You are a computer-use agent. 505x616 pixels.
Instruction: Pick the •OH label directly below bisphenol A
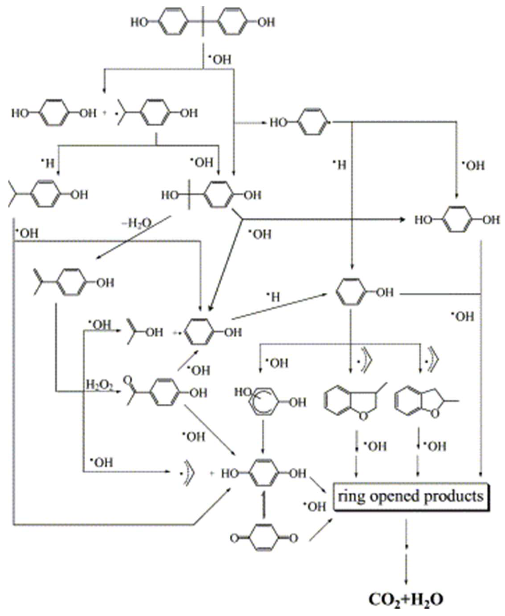(220, 60)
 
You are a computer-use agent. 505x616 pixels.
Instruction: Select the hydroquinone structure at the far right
(457, 220)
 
